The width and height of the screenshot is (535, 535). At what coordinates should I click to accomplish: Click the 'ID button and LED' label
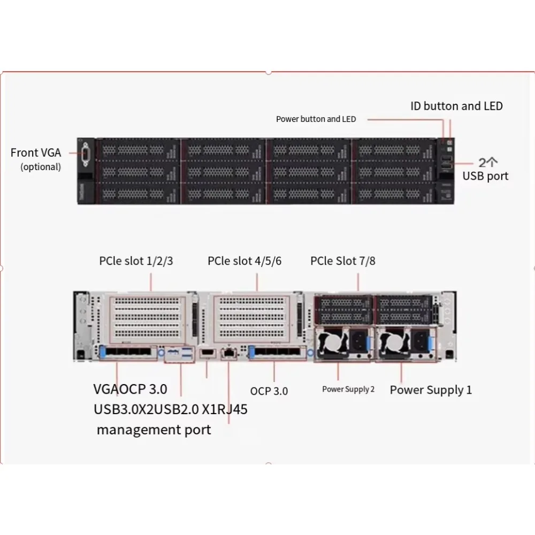point(456,106)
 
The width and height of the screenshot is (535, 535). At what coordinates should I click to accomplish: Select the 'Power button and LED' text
point(316,119)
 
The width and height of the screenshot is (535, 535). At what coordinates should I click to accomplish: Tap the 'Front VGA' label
point(36,152)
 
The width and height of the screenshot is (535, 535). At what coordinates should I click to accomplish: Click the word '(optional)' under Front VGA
point(41,166)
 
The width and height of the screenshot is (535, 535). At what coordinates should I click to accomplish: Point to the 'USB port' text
point(485,175)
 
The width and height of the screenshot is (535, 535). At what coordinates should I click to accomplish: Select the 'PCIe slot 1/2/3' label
point(136,261)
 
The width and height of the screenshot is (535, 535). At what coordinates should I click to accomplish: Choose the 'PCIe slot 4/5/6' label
point(244,261)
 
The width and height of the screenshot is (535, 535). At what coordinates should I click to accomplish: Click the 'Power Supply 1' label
point(431,389)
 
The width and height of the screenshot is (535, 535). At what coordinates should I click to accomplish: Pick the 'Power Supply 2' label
point(348,389)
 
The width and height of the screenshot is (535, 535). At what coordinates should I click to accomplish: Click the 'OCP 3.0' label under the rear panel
point(269,391)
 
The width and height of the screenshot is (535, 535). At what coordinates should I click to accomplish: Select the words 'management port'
point(154,429)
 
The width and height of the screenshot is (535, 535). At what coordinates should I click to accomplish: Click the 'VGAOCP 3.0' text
point(131,388)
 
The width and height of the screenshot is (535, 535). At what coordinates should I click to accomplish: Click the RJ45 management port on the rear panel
point(230,353)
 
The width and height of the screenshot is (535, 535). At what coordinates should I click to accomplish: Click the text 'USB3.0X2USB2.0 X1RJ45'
point(171,410)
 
